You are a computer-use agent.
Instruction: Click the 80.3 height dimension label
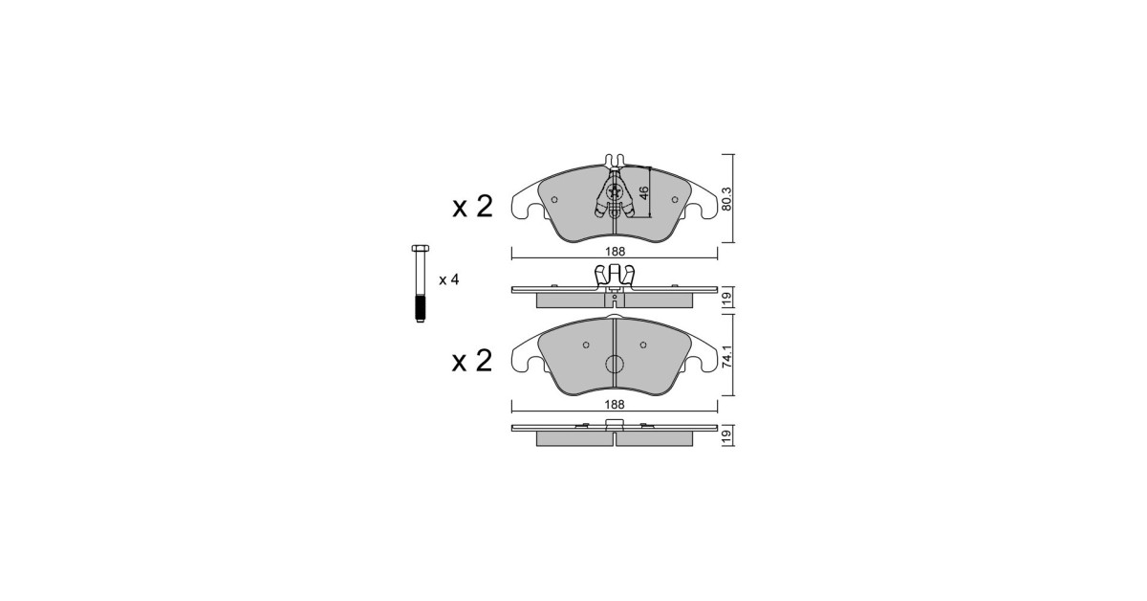pos(726,199)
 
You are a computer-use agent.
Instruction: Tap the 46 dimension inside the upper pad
pos(643,192)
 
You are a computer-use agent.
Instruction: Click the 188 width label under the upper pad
pos(615,252)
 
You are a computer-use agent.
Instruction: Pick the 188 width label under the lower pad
pos(615,404)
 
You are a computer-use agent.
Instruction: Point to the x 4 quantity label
pos(448,279)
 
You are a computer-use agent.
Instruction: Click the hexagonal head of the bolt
pos(421,248)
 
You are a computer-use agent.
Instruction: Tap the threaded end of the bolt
pos(421,309)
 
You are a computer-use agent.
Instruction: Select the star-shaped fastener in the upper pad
pos(614,192)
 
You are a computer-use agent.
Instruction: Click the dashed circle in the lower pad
pos(615,364)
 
